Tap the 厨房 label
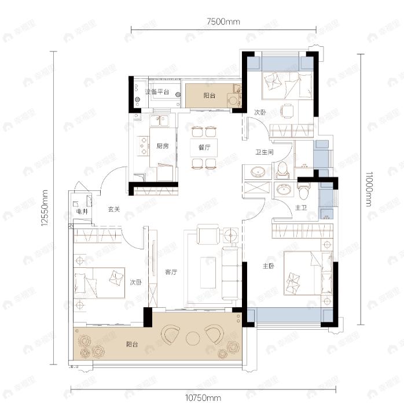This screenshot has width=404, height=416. tap(162, 146)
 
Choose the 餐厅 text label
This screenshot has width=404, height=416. tap(203, 148)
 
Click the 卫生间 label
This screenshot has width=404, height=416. tap(265, 153)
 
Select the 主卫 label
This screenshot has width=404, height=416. tap(301, 208)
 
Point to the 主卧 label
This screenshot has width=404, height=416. tap(268, 266)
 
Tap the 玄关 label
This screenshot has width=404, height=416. tap(114, 209)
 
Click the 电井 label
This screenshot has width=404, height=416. tap(81, 212)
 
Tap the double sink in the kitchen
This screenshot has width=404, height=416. tap(159, 122)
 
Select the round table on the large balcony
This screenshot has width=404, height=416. tap(192, 336)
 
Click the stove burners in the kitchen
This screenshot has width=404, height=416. tap(141, 146)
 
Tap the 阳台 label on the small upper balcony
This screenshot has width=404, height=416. tap(210, 95)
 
